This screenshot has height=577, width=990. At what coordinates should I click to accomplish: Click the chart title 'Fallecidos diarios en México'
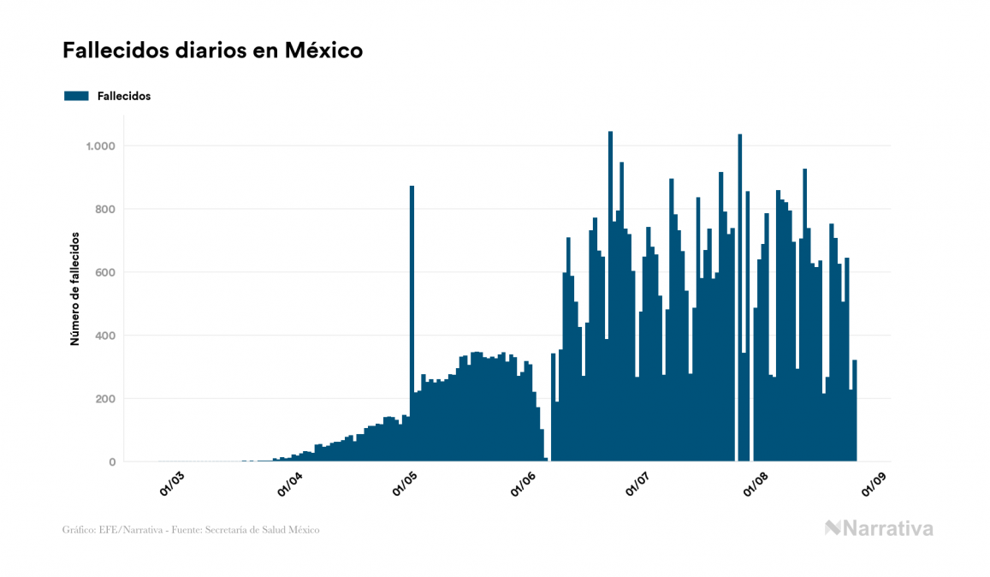pos(212,51)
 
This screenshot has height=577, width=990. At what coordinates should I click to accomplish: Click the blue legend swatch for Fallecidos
pos(76,96)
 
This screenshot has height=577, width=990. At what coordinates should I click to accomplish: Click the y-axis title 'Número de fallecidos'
pos(74,288)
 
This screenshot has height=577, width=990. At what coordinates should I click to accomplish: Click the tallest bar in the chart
pos(610,296)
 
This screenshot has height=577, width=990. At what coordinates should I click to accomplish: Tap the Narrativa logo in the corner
pos(879,528)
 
